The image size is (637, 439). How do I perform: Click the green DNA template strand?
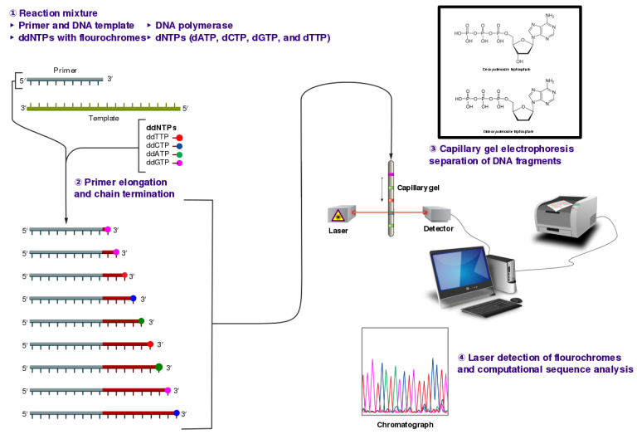tap(103, 108)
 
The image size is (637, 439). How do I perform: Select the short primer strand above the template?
tap(65, 80)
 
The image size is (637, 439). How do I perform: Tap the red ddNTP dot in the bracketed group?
tap(179, 138)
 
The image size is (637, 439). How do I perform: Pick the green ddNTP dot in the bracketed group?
tap(179, 154)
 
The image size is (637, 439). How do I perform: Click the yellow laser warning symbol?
tap(338, 216)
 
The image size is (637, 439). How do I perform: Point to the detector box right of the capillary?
tap(436, 213)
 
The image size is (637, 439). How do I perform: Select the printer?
tap(566, 215)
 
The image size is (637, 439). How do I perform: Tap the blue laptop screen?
tap(460, 271)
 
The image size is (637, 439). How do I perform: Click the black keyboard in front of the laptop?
tap(489, 309)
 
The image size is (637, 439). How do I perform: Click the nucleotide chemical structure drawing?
tap(506, 35)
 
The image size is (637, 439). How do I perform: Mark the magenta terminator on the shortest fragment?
tap(108, 229)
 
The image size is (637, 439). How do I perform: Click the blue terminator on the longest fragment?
tap(177, 412)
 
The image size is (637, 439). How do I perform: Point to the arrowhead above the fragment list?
tap(66, 221)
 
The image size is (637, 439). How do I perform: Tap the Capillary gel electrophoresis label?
tap(501, 149)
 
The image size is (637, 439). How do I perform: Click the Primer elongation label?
tap(120, 182)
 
